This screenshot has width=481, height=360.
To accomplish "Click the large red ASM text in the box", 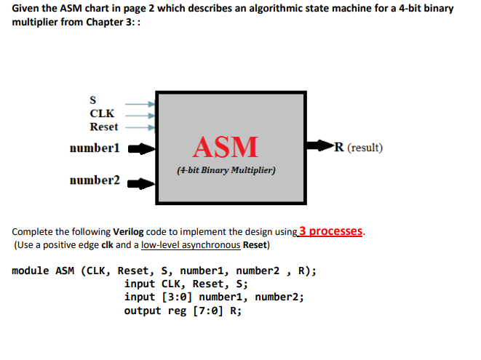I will click(x=225, y=146).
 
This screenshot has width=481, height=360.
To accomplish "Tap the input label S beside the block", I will click(x=92, y=100).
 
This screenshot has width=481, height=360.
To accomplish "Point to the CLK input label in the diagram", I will click(x=101, y=113).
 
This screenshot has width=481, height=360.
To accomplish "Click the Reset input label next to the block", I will click(x=103, y=126).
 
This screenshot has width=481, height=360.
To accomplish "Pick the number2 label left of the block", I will click(x=95, y=180).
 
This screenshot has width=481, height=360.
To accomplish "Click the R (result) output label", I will click(x=357, y=148).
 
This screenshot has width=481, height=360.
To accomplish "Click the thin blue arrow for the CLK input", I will click(x=140, y=114).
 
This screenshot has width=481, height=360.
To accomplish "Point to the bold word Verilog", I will click(x=129, y=233).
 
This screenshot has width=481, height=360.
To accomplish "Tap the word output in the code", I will click(x=143, y=310).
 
